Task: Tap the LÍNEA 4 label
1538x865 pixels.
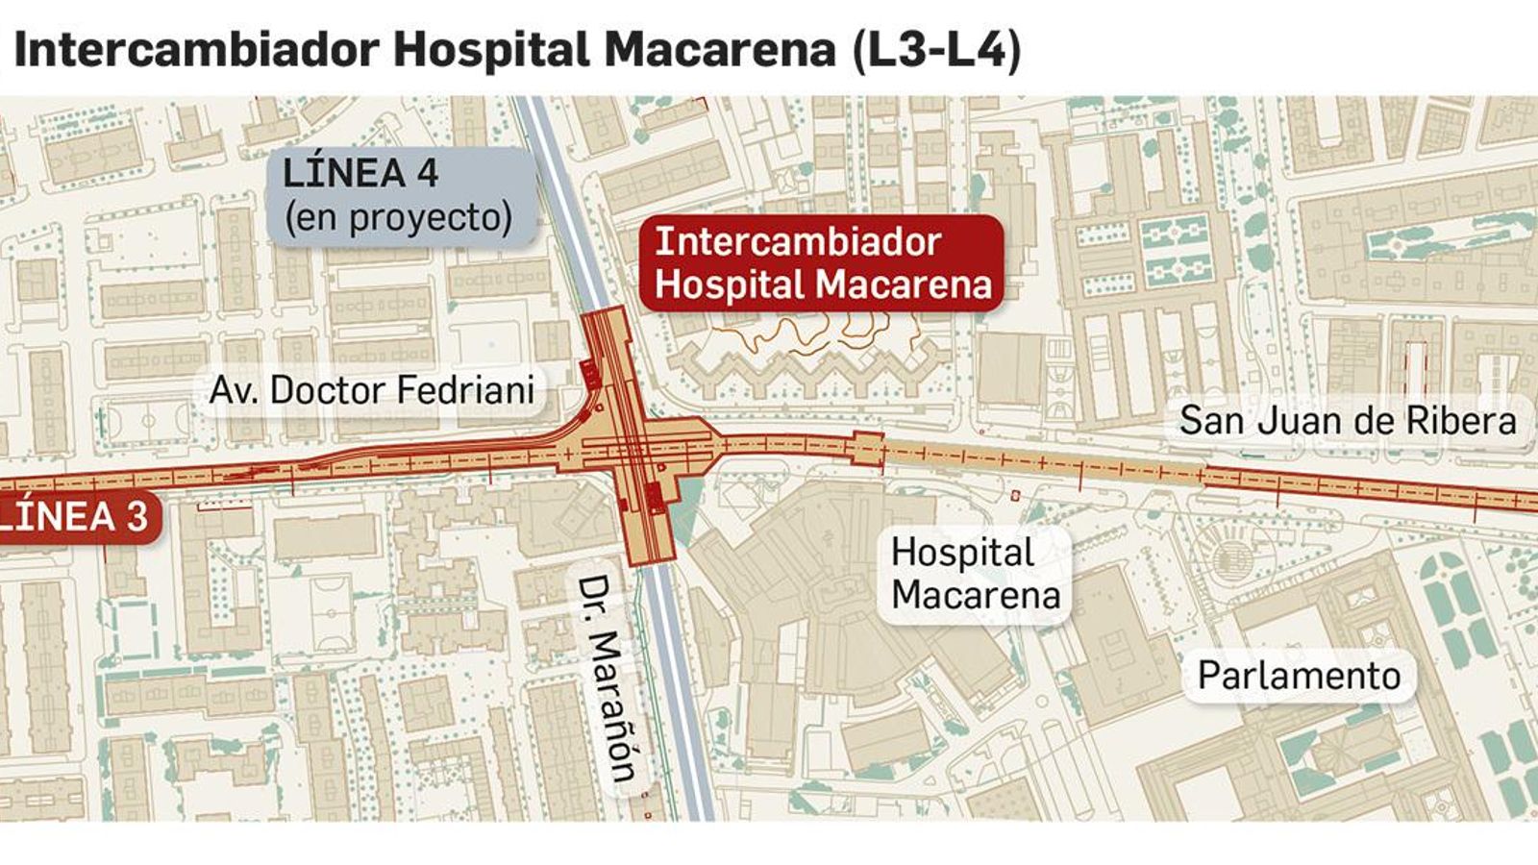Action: coord(360,173)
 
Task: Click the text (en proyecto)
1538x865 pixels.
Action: coord(399,218)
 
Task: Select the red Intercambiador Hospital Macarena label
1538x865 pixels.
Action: coord(822,262)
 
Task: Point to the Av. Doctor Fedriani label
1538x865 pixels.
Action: coord(372,390)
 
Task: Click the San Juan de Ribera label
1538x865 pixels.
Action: coord(1347,421)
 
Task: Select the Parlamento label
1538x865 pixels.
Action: coord(1299,676)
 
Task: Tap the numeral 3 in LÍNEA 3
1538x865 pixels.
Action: coord(136,517)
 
